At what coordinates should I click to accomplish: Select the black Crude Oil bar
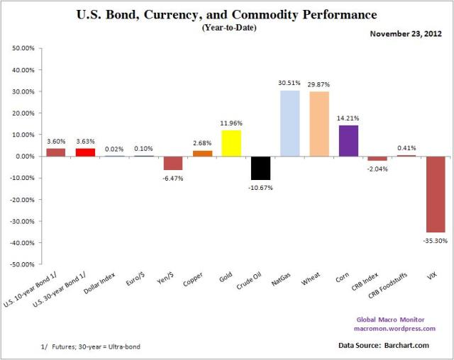coord(260,168)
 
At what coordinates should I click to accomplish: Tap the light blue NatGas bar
coord(289,123)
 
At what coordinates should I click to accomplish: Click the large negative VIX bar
coord(436,194)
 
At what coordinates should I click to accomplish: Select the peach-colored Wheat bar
coord(319,124)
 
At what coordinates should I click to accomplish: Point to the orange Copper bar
coord(202,153)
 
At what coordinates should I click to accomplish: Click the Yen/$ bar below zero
coord(173,163)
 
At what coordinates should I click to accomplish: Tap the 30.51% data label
coord(289,84)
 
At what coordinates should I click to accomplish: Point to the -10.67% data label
coord(260,188)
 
